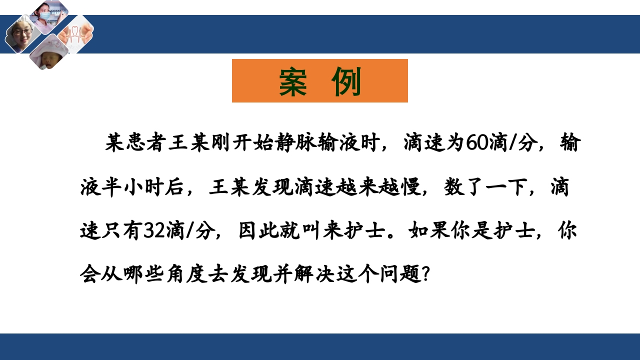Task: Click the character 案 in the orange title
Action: [293, 81]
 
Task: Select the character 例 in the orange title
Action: [346, 81]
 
